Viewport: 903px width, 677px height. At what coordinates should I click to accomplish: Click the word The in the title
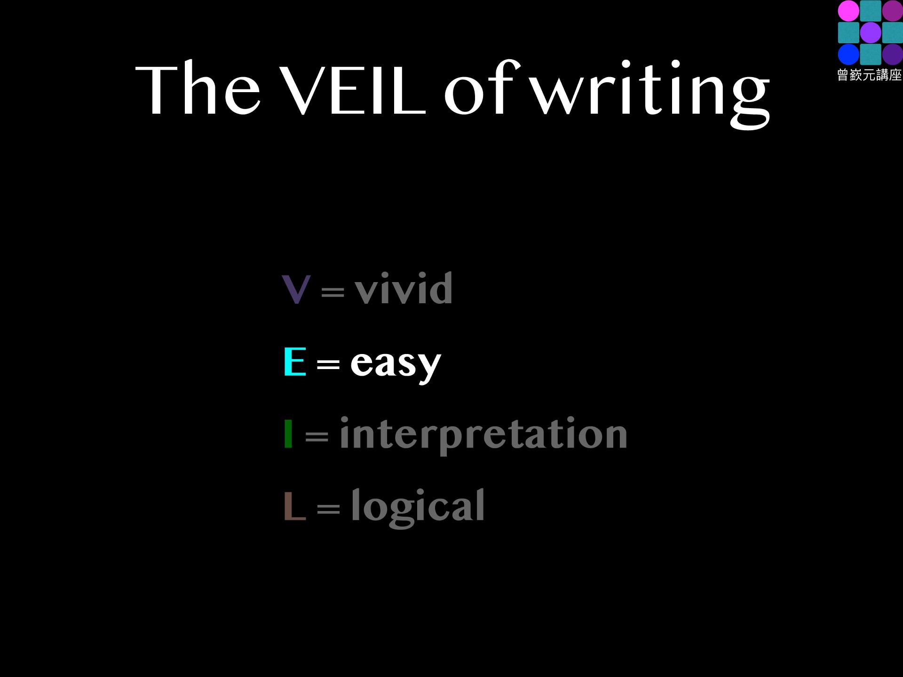pos(198,89)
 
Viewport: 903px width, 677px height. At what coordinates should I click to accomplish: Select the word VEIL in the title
pos(353,89)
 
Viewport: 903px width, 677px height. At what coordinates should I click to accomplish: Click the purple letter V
pos(296,289)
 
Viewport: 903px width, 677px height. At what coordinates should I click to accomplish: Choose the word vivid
pos(404,288)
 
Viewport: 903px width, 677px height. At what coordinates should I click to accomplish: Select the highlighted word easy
pos(396,365)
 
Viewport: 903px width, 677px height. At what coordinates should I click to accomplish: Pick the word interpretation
pos(483,435)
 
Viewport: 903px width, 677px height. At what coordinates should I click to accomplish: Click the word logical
pos(418,508)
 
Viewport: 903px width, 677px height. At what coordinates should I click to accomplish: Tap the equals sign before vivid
pos(333,292)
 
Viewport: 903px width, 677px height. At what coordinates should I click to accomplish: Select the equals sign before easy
pos(328,364)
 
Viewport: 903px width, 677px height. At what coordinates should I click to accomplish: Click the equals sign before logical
pos(328,509)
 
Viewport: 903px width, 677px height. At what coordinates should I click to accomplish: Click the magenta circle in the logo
pos(848,11)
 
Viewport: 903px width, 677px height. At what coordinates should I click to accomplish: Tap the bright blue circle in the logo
pos(848,55)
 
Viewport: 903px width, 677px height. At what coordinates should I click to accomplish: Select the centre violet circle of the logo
pos(871,33)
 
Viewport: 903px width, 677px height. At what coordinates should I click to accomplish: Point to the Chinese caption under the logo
pos(870,75)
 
